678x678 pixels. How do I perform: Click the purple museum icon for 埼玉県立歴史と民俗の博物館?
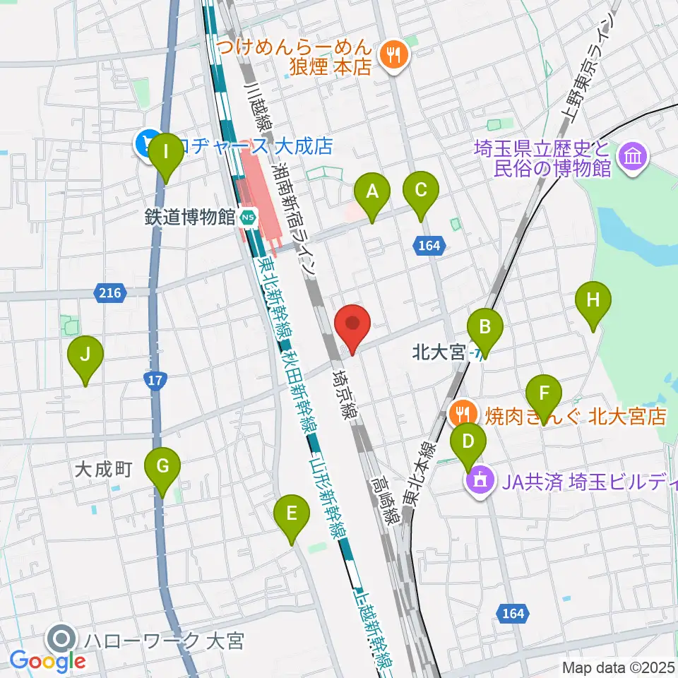click(x=631, y=157)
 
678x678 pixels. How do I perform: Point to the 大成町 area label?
click(x=104, y=470)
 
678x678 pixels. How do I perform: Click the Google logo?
click(x=48, y=662)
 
